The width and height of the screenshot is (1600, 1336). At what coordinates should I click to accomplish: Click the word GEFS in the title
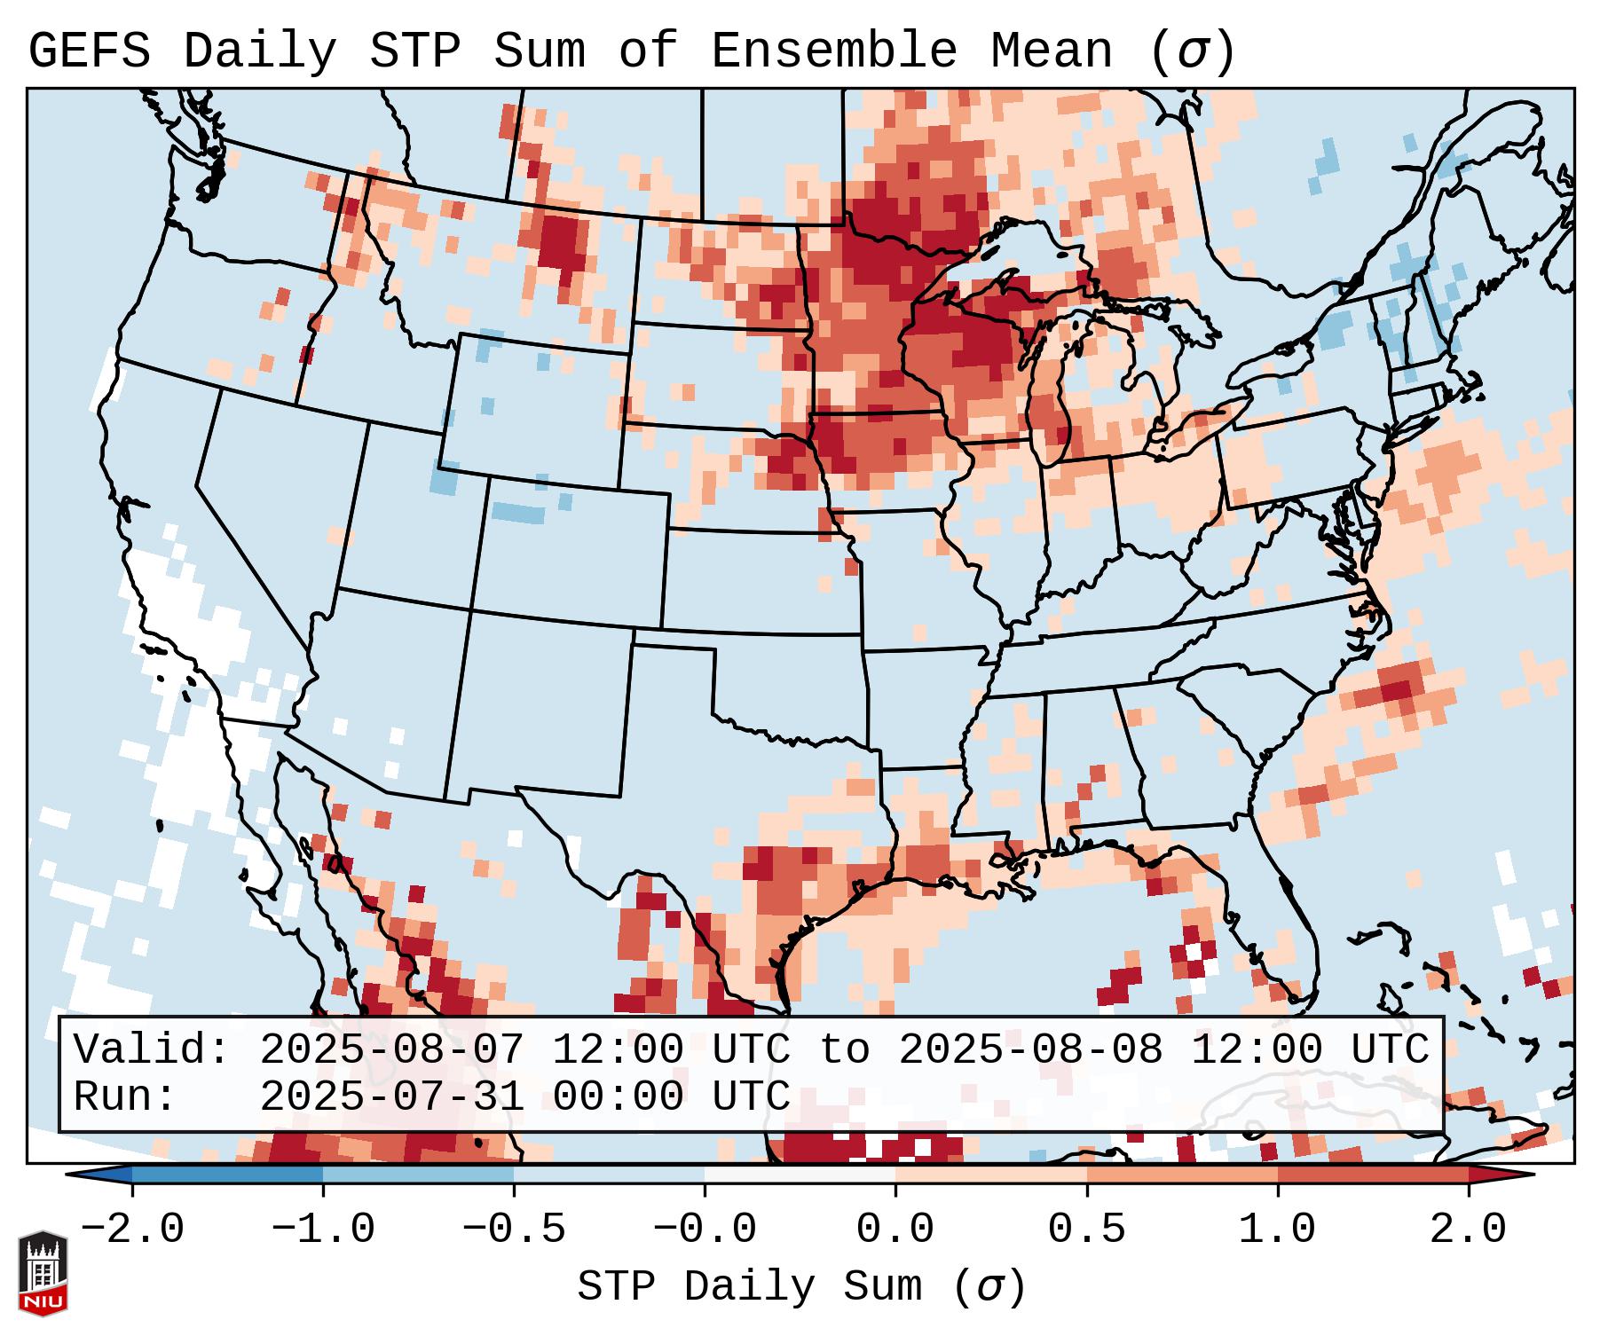89,51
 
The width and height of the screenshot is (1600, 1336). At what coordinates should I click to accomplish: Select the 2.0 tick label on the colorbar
1469,1230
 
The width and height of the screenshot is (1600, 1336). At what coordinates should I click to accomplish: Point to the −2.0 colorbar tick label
132,1230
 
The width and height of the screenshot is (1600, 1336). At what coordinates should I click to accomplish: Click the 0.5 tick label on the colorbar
1086,1230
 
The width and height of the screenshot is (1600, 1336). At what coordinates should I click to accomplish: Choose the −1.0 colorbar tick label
323,1230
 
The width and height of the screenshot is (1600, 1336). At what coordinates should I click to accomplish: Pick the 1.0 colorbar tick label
1277,1230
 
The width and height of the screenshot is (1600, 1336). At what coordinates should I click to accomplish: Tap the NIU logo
43,1273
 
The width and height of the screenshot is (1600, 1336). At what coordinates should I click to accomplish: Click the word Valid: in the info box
152,1049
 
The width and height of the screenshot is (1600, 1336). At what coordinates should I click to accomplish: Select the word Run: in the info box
125,1096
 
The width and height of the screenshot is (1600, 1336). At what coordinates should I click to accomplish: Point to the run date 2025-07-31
391,1096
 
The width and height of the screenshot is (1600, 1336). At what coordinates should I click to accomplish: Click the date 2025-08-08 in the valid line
1030,1049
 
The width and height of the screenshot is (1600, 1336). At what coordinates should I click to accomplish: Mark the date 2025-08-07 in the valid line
391,1049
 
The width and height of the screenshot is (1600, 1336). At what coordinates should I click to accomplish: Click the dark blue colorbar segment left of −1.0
227,1175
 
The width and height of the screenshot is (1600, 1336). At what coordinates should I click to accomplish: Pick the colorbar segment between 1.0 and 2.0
1373,1175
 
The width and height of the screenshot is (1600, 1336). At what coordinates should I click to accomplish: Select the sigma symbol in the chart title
1192,51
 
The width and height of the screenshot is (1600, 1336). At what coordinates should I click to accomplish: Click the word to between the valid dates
844,1049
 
